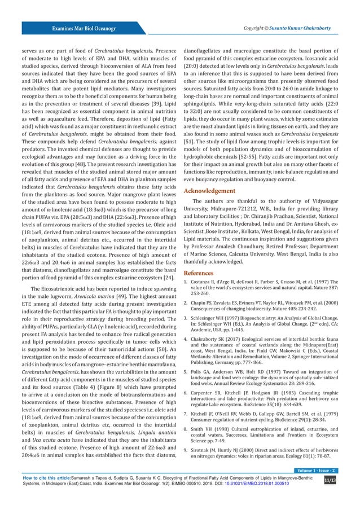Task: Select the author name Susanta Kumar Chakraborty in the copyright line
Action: click(304, 27)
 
